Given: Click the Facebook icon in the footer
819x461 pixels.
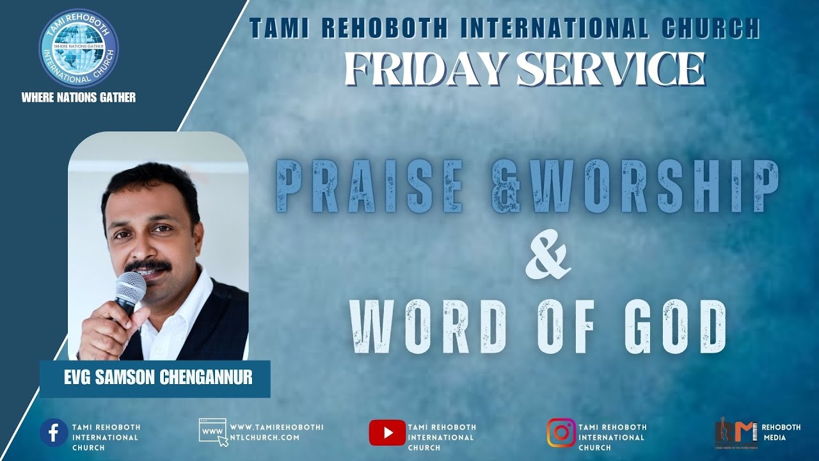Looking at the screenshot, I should click(54, 432).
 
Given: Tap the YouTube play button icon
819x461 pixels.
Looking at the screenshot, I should click(387, 433).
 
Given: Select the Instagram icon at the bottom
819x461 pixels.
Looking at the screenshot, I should click(561, 432).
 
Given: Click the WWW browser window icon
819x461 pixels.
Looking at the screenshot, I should click(213, 432).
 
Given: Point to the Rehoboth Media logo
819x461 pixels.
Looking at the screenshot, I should click(736, 434).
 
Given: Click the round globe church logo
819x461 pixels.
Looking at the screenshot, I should click(78, 48).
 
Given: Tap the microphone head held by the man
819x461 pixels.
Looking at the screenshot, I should click(131, 287).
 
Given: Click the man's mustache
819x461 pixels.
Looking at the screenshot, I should click(148, 264).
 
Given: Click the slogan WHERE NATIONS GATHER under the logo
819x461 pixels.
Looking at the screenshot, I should click(78, 97).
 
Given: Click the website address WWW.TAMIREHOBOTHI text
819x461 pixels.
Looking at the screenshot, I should click(276, 427).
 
